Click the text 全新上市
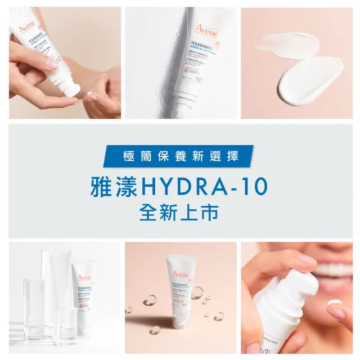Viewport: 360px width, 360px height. point(180,213)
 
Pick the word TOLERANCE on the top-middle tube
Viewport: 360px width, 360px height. point(201,47)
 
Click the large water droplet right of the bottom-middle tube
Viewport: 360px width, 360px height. point(197,292)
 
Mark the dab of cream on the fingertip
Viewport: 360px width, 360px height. point(334,302)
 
